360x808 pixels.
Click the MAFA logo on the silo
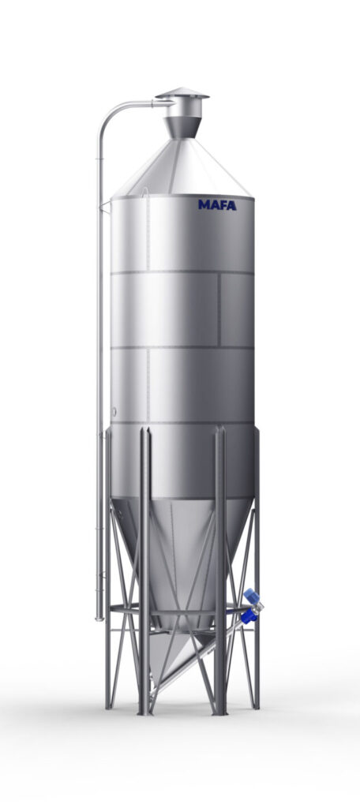pos(217,205)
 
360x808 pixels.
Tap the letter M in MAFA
pos(203,205)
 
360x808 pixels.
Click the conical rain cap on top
pos(182,93)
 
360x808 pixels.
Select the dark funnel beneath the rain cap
pos(182,127)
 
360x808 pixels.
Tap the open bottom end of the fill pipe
pos(99,618)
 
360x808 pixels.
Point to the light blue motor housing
pos(252,596)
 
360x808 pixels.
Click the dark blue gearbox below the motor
pos(249,615)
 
